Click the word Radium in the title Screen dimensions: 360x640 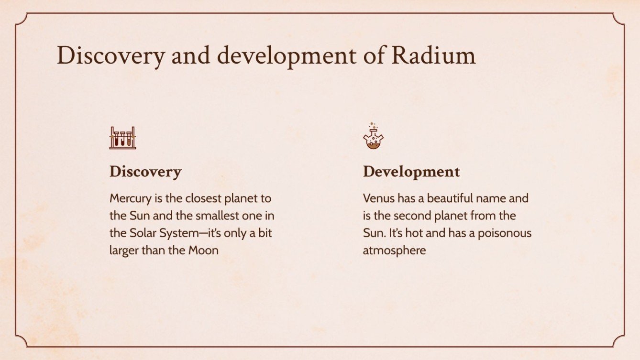point(433,56)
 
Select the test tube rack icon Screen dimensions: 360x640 point(122,138)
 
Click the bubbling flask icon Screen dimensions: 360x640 point(373,137)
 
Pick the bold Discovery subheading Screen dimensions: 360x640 point(145,172)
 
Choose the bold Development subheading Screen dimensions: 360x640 point(411,172)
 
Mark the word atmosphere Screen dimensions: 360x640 point(394,250)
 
